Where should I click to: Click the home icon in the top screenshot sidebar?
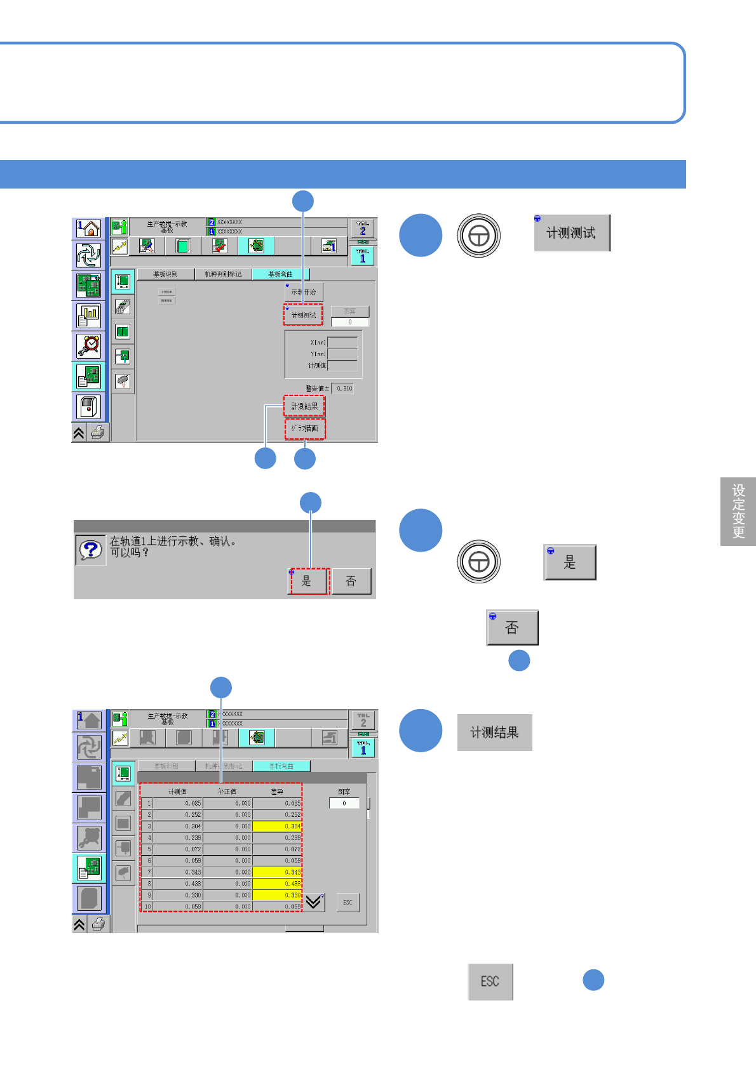point(89,229)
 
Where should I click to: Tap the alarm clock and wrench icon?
point(89,346)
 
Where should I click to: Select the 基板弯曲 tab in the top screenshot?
point(280,274)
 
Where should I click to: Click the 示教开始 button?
point(304,292)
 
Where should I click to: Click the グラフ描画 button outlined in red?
point(305,428)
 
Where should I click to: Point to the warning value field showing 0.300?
point(344,388)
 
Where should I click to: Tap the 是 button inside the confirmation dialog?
point(308,581)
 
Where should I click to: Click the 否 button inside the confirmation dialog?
point(351,581)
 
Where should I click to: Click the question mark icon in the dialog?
point(90,550)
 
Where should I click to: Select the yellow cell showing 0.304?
point(277,827)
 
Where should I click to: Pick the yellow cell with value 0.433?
point(277,884)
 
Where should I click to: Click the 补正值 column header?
point(227,792)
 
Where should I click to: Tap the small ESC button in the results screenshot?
point(348,902)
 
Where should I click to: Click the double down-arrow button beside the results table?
point(314,902)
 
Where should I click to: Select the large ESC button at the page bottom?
point(490,981)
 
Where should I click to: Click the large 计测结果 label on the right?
point(494,733)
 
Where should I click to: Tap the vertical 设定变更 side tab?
point(738,511)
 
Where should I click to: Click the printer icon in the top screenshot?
point(98,433)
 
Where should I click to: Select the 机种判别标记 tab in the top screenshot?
point(223,274)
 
